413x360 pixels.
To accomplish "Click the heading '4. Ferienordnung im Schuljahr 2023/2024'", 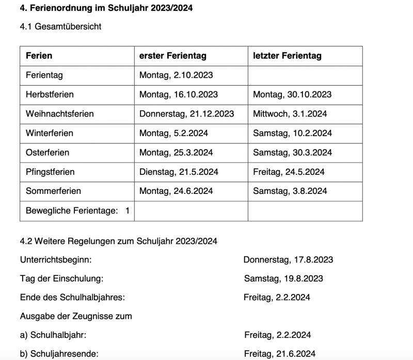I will pos(107,9).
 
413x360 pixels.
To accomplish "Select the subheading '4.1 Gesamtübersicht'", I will pos(60,27).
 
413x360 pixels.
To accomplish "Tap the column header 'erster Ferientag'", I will pos(172,56).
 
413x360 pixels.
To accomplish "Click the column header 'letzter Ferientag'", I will pos(287,56).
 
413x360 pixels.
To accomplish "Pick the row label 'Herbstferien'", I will pos(50,94).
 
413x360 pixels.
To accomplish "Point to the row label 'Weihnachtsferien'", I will pos(59,113).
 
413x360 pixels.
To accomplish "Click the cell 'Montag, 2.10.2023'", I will pos(176,75).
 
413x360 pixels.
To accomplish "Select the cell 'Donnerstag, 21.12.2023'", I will pos(186,113).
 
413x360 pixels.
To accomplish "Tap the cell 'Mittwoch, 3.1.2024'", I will pos(290,113).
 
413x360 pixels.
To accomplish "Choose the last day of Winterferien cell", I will pos(292,133).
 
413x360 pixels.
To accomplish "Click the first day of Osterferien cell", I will pos(176,153).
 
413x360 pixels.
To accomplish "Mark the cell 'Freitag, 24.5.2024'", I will pos(289,172).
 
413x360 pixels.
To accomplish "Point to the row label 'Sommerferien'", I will pos(53,191).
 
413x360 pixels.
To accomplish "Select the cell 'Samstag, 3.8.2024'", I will pos(290,191).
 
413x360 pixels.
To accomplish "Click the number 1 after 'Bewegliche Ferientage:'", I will pos(127,210).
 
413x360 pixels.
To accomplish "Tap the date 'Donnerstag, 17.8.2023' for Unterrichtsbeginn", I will pos(288,259).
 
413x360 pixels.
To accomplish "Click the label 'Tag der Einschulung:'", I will pos(61,279).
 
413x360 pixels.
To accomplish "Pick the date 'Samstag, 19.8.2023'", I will pos(283,279).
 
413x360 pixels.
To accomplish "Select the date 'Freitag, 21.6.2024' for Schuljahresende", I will pos(280,354).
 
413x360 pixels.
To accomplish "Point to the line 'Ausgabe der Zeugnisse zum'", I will pos(76,316).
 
